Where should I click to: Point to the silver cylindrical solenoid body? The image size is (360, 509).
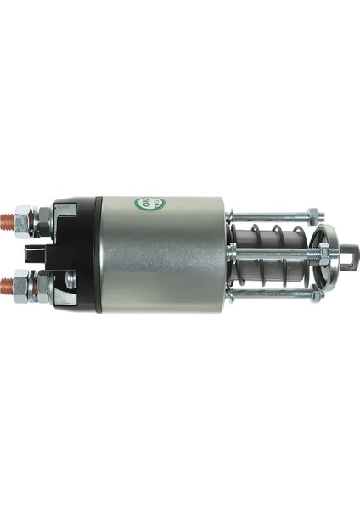pos(161,255)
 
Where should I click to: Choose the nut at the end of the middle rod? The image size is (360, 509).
pos(323,251)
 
